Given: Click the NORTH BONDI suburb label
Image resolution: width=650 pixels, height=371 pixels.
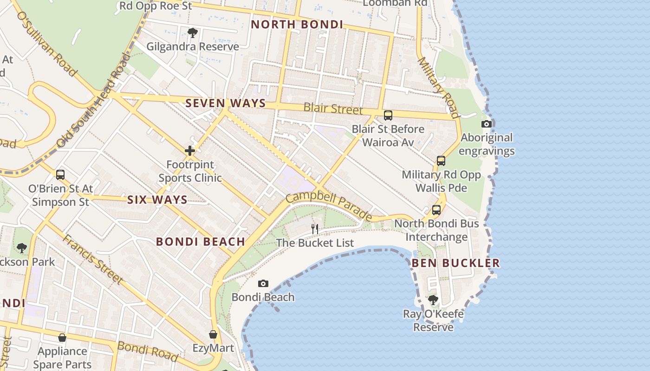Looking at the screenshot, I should (297, 25).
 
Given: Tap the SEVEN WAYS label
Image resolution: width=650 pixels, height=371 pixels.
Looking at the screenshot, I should (226, 103).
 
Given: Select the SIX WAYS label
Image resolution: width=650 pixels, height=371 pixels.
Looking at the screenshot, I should (157, 200).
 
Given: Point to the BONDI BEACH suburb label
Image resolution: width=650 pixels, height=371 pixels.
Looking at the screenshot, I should (201, 242).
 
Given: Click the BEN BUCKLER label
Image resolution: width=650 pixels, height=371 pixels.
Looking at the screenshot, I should (455, 263).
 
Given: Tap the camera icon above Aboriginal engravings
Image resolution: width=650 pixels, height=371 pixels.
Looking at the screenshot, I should (487, 124).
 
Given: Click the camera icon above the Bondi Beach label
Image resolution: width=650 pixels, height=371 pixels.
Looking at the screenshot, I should (263, 283).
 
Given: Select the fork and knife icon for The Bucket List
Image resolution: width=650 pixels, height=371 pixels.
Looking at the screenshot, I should (315, 228).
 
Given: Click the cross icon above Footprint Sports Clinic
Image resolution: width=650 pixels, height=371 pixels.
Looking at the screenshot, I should (189, 151).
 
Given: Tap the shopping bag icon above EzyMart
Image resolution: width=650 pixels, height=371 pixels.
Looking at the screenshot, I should (213, 334).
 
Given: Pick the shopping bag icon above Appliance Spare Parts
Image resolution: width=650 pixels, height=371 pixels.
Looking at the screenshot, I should (62, 338).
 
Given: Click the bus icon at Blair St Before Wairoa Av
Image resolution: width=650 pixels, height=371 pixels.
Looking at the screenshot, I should (388, 115).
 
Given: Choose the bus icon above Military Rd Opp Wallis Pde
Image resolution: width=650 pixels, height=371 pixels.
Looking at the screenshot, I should (441, 161).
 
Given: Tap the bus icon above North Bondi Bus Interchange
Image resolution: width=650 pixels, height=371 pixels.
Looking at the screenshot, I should (436, 210).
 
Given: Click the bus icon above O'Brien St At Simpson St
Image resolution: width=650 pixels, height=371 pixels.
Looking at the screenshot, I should (60, 175).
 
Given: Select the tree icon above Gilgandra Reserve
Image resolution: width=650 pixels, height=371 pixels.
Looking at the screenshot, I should (193, 33).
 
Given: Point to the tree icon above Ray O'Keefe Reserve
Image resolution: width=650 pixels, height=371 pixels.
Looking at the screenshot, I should (433, 300).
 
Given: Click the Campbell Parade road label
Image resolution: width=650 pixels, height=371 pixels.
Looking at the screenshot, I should (329, 206).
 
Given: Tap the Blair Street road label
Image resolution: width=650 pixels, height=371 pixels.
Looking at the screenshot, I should (333, 109).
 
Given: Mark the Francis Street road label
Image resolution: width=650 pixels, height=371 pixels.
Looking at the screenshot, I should (92, 259).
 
